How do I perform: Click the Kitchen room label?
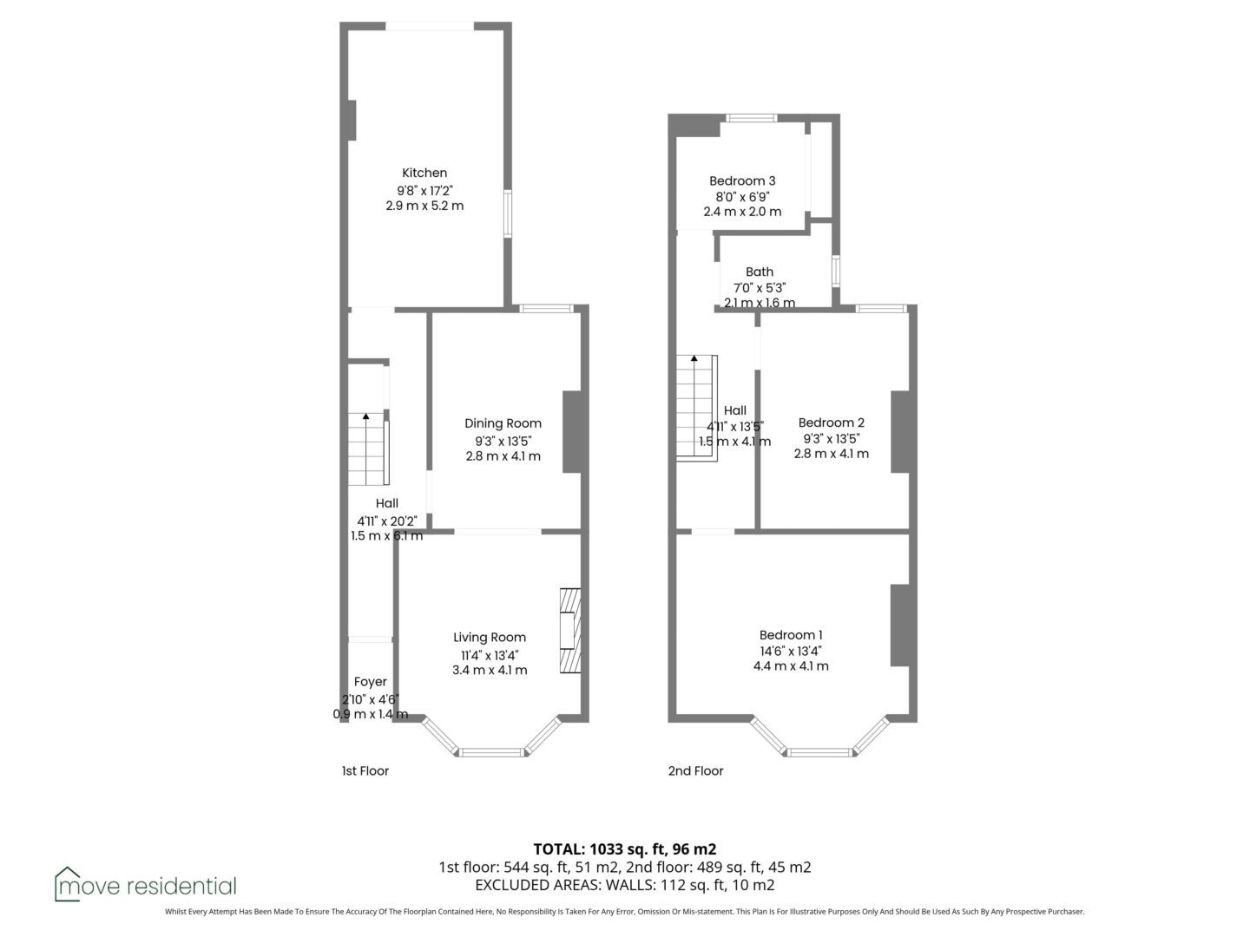(424, 173)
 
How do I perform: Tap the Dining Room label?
(503, 423)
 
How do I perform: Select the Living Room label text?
(490, 638)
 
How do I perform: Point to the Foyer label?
(370, 682)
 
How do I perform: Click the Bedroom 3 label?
(742, 181)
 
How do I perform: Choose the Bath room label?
(759, 272)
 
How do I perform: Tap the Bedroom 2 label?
(831, 423)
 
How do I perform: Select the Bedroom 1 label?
(791, 635)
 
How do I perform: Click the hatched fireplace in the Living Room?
(570, 631)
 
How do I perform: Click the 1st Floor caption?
(365, 771)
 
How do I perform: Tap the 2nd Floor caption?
(695, 771)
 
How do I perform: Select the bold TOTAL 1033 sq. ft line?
(625, 849)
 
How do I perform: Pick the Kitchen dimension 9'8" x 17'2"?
(424, 190)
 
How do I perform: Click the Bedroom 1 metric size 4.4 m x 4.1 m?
(791, 666)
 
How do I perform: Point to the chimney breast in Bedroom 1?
(900, 626)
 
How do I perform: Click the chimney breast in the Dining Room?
(572, 432)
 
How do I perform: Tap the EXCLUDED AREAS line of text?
(625, 885)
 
